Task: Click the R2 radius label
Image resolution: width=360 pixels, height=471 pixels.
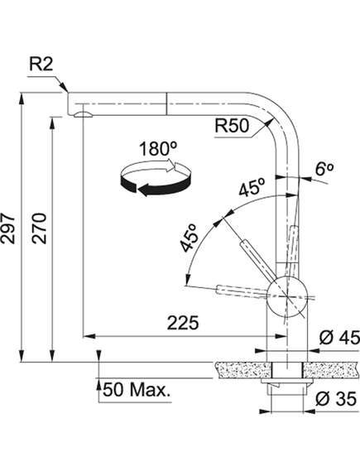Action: click(x=41, y=65)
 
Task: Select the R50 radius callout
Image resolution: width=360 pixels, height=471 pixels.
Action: click(x=232, y=126)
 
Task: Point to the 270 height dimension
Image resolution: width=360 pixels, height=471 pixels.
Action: click(x=40, y=228)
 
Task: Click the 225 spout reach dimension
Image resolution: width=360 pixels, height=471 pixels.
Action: click(x=183, y=323)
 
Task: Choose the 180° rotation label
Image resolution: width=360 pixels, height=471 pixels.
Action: click(x=158, y=149)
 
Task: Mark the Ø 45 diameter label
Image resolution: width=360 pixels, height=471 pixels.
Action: click(x=339, y=338)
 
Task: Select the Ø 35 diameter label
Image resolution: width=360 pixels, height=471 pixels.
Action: click(x=336, y=399)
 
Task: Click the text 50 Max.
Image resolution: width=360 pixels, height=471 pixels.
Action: click(x=137, y=390)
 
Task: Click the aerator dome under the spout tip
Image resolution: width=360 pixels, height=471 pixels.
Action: click(x=82, y=114)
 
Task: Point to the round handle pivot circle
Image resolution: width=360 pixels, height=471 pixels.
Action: click(x=286, y=297)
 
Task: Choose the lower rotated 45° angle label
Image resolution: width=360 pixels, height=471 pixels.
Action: click(x=190, y=238)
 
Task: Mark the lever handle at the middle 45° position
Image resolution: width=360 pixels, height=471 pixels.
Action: click(x=259, y=260)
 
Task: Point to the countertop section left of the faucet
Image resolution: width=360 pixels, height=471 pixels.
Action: click(x=242, y=370)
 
